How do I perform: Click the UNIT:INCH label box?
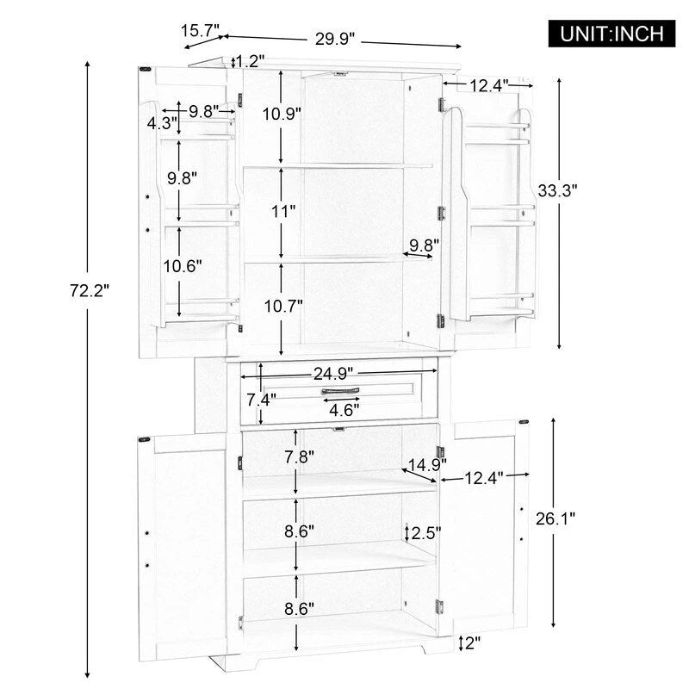[x=612, y=34]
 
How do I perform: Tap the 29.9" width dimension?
[x=334, y=40]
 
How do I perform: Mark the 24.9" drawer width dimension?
[x=336, y=373]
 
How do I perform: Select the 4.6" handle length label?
[x=346, y=409]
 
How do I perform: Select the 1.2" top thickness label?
[x=251, y=60]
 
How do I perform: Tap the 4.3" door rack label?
[x=161, y=122]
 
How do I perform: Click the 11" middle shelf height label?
[x=281, y=210]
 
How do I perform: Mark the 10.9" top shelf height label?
[x=281, y=112]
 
